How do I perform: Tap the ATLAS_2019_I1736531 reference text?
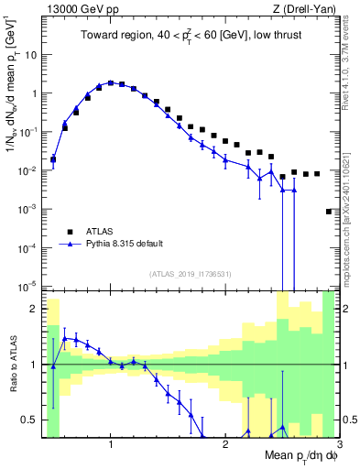pyautogui.click(x=190, y=274)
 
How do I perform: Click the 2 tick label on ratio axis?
pyautogui.click(x=35, y=309)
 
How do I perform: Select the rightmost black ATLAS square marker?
pyautogui.click(x=329, y=212)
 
